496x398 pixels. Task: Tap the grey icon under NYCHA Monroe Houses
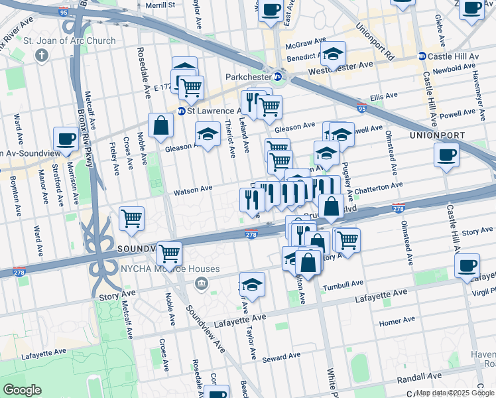tap(200, 283)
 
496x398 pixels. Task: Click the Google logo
tap(23, 390)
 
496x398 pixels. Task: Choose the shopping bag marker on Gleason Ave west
tap(160, 125)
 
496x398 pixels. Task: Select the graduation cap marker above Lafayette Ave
tap(252, 285)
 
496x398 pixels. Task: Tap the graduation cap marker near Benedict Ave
tap(334, 53)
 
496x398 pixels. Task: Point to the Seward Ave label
tap(282, 358)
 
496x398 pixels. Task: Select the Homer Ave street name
tap(397, 322)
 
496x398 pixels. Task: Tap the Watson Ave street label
tap(193, 190)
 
